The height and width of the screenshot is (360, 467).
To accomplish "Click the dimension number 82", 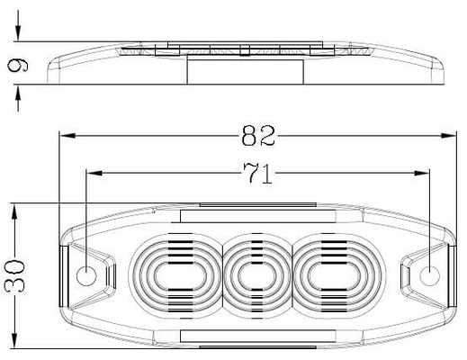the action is click(258, 136).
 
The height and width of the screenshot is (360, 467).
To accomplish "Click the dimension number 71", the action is click(258, 174).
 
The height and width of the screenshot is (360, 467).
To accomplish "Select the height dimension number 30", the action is click(14, 276).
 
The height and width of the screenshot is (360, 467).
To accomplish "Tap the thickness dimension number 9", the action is click(17, 66).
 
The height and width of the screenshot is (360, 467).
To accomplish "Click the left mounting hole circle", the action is click(86, 275).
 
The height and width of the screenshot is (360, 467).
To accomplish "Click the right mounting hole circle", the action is click(429, 275).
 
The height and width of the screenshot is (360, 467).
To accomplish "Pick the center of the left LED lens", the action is click(180, 276).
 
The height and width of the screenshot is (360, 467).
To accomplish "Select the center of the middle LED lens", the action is click(256, 276).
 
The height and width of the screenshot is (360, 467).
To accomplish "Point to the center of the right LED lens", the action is click(333, 276).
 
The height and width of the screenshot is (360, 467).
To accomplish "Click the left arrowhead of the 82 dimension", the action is click(67, 136).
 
